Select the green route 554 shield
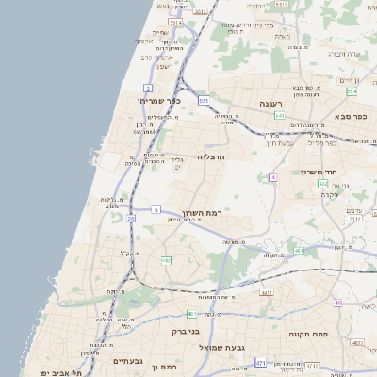coord(351,91)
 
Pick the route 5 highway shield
coord(155,210)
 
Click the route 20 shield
coord(131,219)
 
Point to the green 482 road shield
coord(166,260)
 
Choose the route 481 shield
coord(298,251)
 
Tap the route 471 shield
coord(260,362)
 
